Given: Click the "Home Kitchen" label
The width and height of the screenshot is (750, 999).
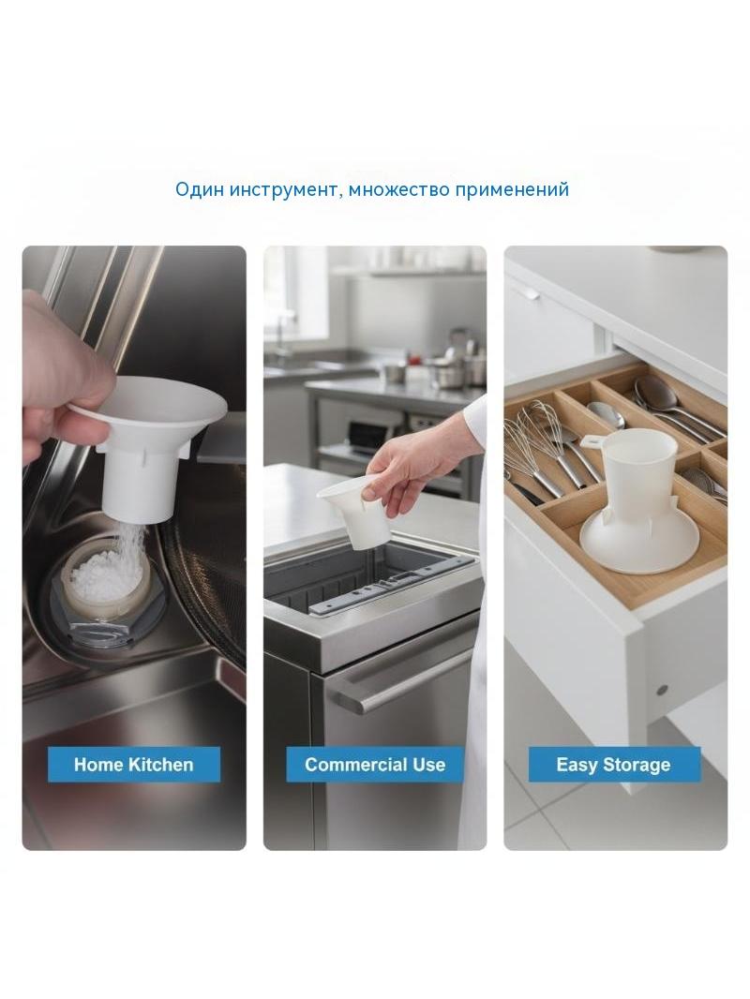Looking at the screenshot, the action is click(134, 764).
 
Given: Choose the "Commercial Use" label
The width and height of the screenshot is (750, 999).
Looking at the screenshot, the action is click(375, 764).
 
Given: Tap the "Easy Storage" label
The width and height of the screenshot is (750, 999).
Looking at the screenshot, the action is click(614, 764).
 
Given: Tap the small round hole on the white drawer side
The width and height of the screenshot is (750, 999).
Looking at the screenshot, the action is click(662, 689).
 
